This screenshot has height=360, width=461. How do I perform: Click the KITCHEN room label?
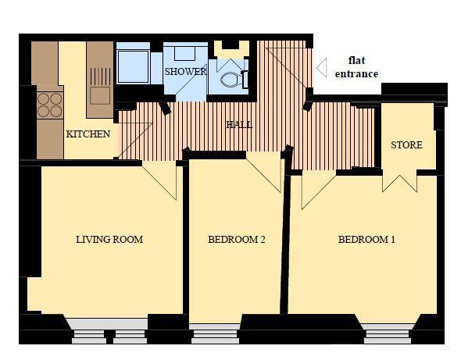click(x=88, y=134)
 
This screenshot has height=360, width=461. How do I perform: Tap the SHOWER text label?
click(x=185, y=71)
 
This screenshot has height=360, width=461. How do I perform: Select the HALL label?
click(x=239, y=125)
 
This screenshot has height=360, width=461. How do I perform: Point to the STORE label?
click(x=406, y=144)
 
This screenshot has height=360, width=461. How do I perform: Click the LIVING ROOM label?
click(x=109, y=239)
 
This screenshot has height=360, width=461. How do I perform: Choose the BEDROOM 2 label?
click(x=237, y=239)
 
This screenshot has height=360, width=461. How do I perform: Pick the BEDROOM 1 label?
click(x=366, y=239)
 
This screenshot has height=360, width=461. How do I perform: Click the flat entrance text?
click(x=356, y=67)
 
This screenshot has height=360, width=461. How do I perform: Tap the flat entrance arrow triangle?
click(x=322, y=68)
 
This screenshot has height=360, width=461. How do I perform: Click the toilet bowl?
click(x=230, y=80)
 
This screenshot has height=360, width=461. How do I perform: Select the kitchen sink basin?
click(x=100, y=95)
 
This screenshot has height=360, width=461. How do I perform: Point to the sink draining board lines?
click(x=100, y=77)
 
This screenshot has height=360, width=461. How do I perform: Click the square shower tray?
click(x=133, y=66)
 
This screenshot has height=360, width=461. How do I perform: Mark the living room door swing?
click(x=159, y=180)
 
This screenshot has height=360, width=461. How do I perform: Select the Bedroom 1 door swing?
click(x=319, y=190)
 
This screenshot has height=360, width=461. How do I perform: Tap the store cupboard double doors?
click(x=399, y=181)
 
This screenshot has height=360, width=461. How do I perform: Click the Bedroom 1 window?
click(x=388, y=333)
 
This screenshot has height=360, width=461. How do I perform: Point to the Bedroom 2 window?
click(x=215, y=333)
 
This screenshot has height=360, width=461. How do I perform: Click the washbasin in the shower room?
click(x=184, y=53)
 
